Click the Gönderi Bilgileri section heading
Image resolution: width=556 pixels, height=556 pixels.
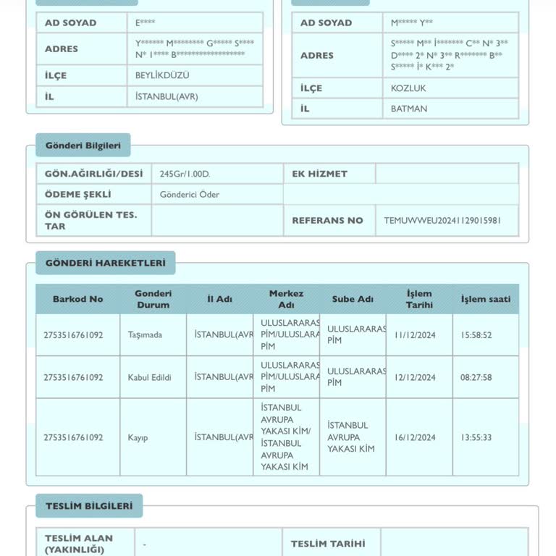pos(83,146)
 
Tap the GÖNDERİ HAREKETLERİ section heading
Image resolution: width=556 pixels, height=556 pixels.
pos(106,263)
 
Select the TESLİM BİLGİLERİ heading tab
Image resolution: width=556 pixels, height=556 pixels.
pos(89,506)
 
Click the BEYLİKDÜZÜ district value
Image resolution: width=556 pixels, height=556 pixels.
pos(162,75)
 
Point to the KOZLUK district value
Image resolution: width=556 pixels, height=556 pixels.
pos(408,88)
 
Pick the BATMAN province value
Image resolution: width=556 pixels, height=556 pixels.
pos(409,109)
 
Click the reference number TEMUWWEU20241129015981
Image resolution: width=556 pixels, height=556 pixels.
pos(442,221)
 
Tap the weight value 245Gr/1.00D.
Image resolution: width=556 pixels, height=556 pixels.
pos(185,174)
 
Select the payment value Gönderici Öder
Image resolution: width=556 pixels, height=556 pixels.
pos(190,195)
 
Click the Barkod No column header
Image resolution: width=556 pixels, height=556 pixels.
pos(77,299)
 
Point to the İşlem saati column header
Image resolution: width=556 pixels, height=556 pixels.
pos(486,299)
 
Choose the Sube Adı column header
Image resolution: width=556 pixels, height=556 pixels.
pos(353,299)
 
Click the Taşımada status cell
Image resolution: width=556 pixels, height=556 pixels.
pos(145,335)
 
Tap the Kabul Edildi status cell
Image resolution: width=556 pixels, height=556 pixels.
pos(150,377)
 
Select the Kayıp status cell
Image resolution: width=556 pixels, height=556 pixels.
pos(138,437)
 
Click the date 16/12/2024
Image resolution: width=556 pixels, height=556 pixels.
pos(416,437)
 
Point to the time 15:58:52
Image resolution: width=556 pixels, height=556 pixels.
pos(476,335)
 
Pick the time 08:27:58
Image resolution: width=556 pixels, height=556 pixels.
pos(476,377)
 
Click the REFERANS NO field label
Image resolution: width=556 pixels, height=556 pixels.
pos(327,221)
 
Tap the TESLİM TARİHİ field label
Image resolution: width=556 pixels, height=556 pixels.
pos(328,544)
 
